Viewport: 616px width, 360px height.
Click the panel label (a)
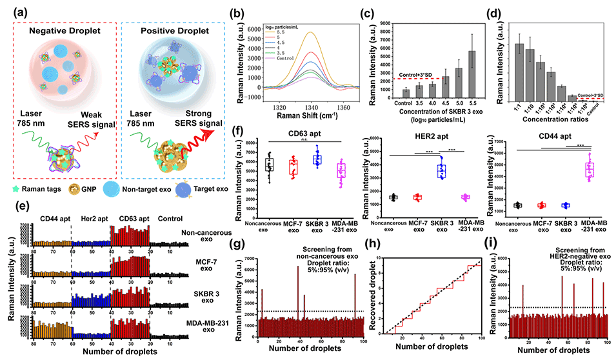point(14,10)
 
